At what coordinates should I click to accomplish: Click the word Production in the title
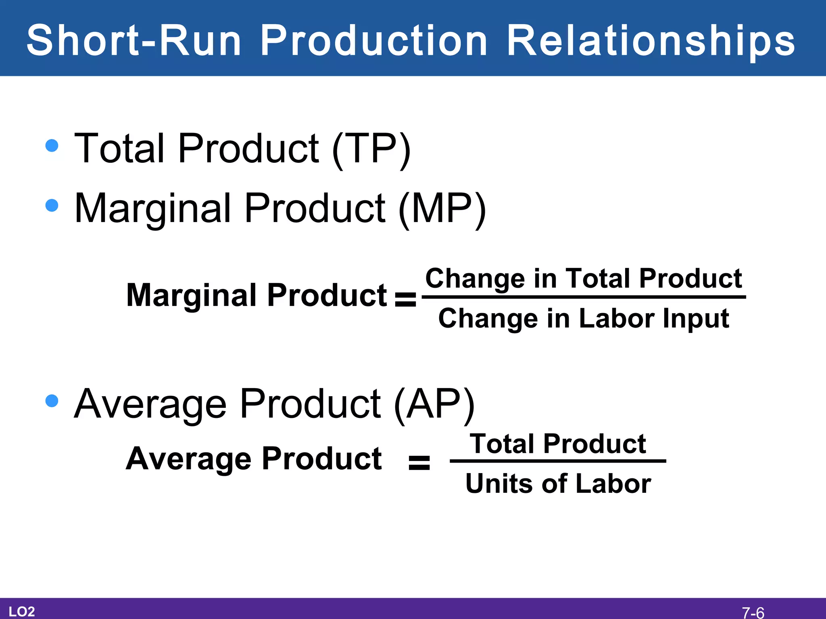click(x=373, y=40)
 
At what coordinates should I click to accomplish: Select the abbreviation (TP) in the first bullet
click(x=371, y=149)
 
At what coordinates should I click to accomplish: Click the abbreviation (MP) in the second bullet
click(x=442, y=209)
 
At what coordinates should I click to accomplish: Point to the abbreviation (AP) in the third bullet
click(x=434, y=405)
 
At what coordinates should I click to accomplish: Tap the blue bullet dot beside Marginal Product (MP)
click(x=52, y=205)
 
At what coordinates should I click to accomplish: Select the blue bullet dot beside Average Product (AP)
click(x=52, y=401)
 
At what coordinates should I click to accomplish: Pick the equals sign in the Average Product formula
click(x=419, y=463)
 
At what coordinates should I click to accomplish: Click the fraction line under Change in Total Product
click(x=584, y=297)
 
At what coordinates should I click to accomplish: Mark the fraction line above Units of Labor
click(x=558, y=461)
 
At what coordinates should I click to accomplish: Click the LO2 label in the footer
click(x=22, y=611)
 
